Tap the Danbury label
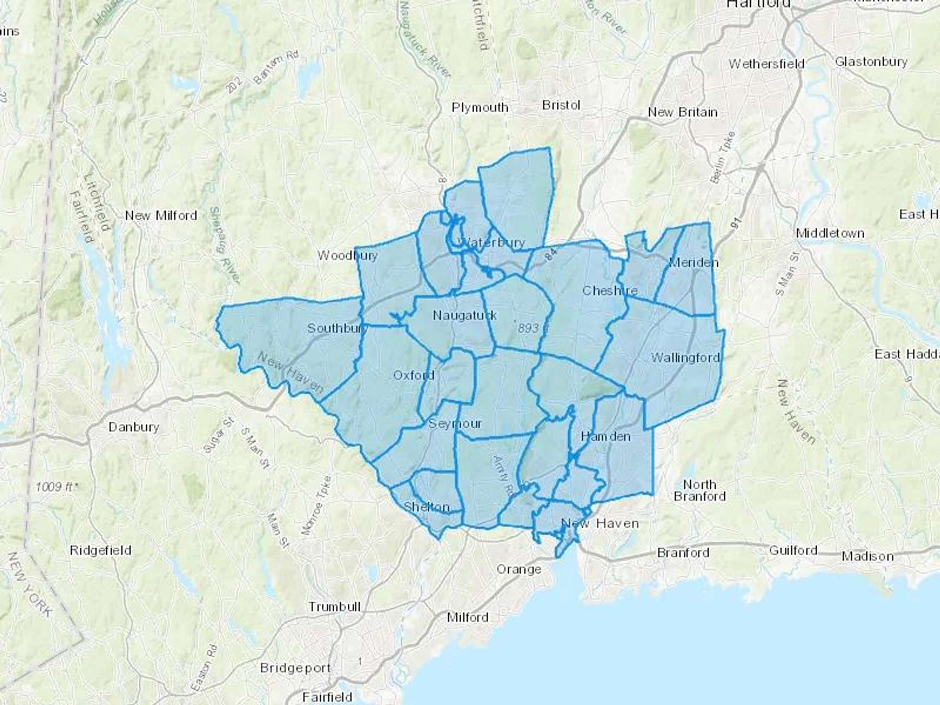[134, 427]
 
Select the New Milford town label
[161, 215]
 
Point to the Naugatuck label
[465, 315]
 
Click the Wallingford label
[685, 358]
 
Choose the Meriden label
[693, 262]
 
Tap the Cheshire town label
[609, 290]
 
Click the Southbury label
[337, 328]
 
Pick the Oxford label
[414, 375]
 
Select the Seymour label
[455, 424]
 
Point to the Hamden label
[605, 436]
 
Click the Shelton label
[427, 507]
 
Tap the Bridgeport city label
[295, 668]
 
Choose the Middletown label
[830, 233]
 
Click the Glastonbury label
[871, 62]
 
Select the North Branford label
[699, 490]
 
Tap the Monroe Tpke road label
[316, 504]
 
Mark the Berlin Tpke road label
[723, 157]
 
